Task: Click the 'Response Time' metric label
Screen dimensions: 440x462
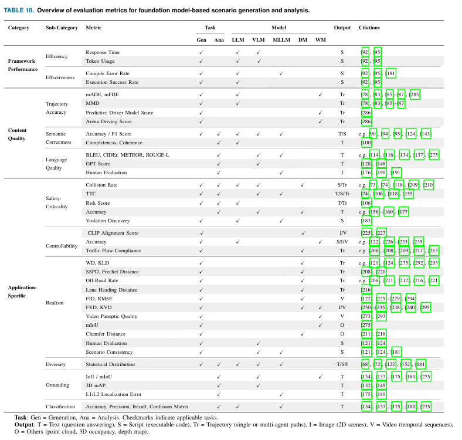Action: pyautogui.click(x=103, y=52)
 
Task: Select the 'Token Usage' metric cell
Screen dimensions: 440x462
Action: pyautogui.click(x=100, y=60)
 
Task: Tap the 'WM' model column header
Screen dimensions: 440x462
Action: pyautogui.click(x=320, y=39)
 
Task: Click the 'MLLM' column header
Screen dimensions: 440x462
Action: pyautogui.click(x=281, y=39)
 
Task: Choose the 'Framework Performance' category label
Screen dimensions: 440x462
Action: pyautogui.click(x=22, y=65)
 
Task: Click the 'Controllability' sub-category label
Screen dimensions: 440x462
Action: pyautogui.click(x=62, y=246)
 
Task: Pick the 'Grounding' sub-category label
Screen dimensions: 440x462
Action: pyautogui.click(x=57, y=385)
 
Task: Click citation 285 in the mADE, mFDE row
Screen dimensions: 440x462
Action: pyautogui.click(x=415, y=94)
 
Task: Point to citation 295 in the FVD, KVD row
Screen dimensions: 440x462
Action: pyautogui.click(x=425, y=307)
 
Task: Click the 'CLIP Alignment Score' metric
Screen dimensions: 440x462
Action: pyautogui.click(x=113, y=233)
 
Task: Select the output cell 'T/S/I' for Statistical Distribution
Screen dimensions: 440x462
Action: pyautogui.click(x=342, y=364)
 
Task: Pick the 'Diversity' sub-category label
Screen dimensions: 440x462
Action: pyautogui.click(x=56, y=364)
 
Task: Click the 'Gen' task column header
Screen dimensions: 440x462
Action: pyautogui.click(x=201, y=39)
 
